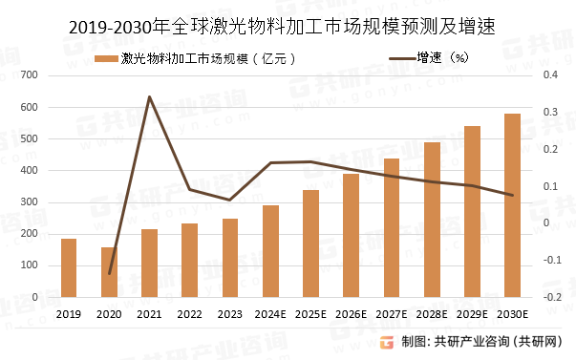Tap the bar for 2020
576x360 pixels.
coord(109,272)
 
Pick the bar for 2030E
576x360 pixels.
coord(513,205)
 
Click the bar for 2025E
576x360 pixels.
coord(310,244)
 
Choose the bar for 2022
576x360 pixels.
coord(190,260)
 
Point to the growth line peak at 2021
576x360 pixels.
coord(149,96)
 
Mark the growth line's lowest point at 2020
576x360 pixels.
coord(109,274)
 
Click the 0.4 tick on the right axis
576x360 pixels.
coord(549,74)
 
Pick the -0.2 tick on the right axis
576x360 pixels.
coord(549,297)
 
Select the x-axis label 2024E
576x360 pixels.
coord(270,313)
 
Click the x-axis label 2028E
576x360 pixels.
coord(432,313)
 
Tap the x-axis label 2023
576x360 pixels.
coord(230,313)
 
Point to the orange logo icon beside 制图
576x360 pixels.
coord(388,341)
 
